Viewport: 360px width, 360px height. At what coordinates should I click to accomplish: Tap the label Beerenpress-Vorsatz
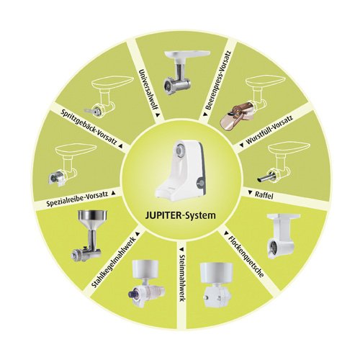[x=218, y=81]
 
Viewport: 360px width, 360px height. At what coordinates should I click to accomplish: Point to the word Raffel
[x=264, y=194]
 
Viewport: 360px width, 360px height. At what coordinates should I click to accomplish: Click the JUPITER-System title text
[x=180, y=215]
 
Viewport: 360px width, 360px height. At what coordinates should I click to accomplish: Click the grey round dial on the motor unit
[x=200, y=181]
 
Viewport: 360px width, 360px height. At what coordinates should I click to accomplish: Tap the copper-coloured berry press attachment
[x=236, y=116]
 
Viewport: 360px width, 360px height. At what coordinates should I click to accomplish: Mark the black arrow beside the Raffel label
[x=251, y=192]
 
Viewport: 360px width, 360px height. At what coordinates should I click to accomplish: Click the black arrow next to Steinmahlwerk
[x=182, y=248]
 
